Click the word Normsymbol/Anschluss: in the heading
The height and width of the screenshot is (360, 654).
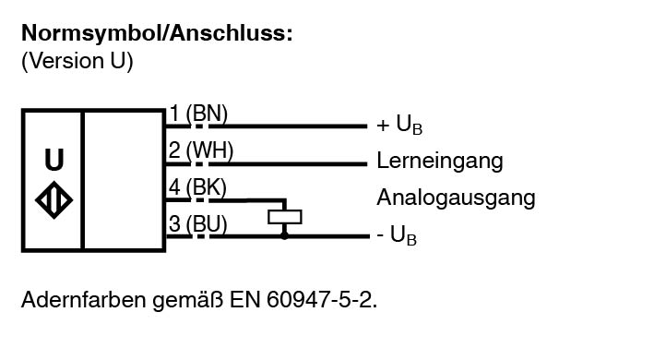click(x=157, y=34)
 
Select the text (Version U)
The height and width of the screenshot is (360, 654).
click(x=77, y=61)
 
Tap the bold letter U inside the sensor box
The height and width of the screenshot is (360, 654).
click(x=54, y=160)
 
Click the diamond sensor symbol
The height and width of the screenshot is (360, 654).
click(x=54, y=200)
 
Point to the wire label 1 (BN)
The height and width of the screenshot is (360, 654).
click(x=198, y=114)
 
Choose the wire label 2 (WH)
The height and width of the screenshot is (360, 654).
click(x=200, y=150)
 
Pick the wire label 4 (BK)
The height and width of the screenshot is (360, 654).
click(x=197, y=186)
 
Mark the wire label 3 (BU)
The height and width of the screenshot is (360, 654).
click(x=198, y=224)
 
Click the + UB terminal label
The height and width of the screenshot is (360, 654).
click(x=399, y=125)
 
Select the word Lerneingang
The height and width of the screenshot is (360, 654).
click(x=440, y=161)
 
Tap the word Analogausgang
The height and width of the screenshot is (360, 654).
click(x=456, y=198)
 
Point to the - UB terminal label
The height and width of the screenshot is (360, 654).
click(x=397, y=234)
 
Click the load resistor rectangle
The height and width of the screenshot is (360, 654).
click(x=284, y=217)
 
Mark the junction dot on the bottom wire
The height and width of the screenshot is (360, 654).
click(x=284, y=236)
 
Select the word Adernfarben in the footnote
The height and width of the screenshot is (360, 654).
click(x=83, y=299)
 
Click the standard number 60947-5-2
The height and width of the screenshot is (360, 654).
click(x=322, y=299)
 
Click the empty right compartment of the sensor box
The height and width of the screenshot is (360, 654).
click(x=124, y=180)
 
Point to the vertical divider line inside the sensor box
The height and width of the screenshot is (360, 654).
click(x=83, y=180)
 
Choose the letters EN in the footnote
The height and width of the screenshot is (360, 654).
click(x=245, y=299)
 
